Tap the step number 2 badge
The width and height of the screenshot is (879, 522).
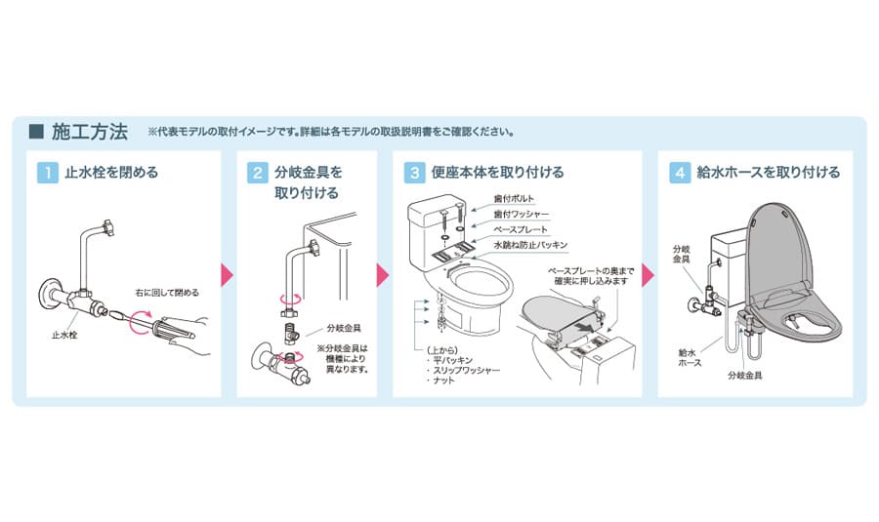click(x=257, y=173)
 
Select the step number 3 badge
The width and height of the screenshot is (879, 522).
click(x=414, y=173)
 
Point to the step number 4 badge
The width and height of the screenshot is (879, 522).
click(x=679, y=173)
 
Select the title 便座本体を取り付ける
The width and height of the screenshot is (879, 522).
click(x=498, y=173)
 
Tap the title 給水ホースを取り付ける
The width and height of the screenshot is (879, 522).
click(x=768, y=173)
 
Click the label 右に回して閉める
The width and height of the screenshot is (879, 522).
click(x=167, y=292)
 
